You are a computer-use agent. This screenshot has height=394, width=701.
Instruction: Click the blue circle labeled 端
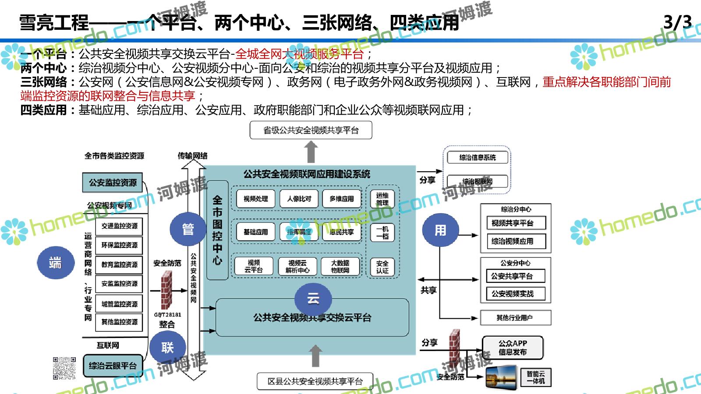click(x=55, y=263)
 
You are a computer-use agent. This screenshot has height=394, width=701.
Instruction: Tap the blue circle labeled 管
click(x=188, y=229)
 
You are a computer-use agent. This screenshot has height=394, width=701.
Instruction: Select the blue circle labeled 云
click(x=313, y=299)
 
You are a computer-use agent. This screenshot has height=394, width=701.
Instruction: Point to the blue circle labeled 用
click(x=440, y=230)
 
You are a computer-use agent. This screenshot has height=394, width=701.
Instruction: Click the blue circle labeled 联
click(x=167, y=348)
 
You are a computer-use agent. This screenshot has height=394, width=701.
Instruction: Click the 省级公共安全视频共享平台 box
click(x=311, y=130)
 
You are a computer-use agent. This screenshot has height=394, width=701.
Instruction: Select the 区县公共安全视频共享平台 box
click(x=315, y=381)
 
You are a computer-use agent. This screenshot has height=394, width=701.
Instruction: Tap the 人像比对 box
click(x=299, y=199)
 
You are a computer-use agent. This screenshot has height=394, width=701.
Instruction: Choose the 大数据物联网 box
click(x=340, y=266)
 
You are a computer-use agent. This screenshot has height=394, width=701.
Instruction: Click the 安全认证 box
click(x=382, y=267)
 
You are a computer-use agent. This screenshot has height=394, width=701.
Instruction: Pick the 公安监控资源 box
click(x=113, y=183)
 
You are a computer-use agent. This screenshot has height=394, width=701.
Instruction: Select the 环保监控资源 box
click(x=119, y=245)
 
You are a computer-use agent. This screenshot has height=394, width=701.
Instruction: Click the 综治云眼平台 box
click(x=113, y=366)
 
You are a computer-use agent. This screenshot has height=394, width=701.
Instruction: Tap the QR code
click(x=64, y=368)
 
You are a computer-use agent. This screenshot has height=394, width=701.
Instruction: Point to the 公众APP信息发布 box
click(x=513, y=348)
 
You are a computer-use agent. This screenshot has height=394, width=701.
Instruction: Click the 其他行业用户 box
click(x=515, y=318)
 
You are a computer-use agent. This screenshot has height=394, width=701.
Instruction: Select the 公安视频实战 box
click(x=515, y=294)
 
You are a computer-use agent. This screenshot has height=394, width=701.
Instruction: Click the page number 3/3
click(x=677, y=22)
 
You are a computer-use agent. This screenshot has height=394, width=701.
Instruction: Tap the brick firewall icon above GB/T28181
click(x=166, y=289)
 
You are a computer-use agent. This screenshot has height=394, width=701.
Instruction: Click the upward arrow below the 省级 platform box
click(x=311, y=152)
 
